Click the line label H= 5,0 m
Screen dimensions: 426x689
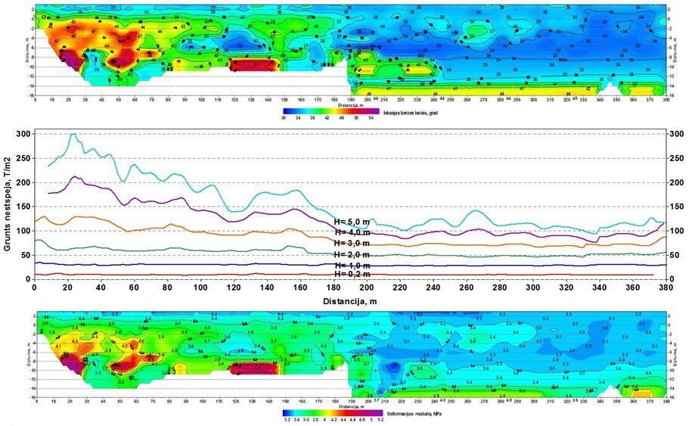click(352, 222)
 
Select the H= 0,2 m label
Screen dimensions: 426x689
click(352, 275)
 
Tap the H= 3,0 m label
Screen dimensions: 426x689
click(352, 243)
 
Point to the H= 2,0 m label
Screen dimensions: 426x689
click(352, 255)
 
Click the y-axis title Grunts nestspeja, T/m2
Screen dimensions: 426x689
click(7, 206)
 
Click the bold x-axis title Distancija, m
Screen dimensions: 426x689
click(349, 301)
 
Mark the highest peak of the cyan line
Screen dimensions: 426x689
click(73, 135)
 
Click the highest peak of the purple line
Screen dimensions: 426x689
click(75, 177)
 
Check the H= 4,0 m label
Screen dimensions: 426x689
click(352, 232)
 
